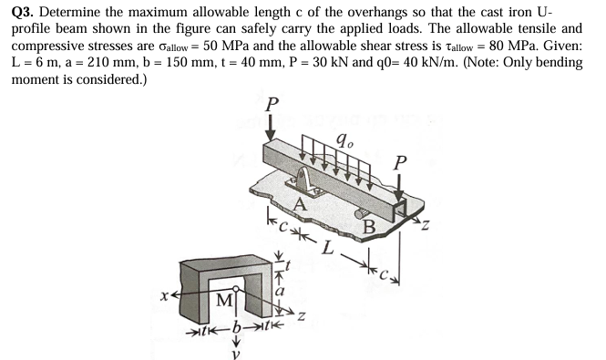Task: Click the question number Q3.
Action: tap(24, 14)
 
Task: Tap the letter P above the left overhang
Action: tap(271, 104)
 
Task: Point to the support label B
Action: tap(368, 226)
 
